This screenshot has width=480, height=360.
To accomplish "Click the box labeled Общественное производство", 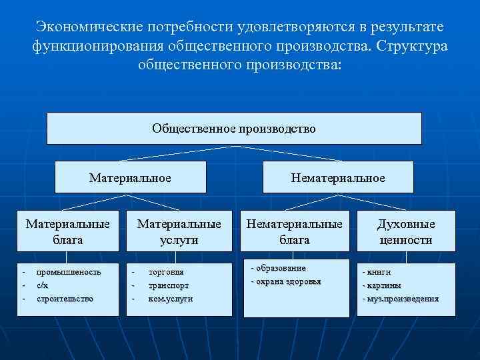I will (234, 128).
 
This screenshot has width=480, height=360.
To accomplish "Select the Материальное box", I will (130, 178).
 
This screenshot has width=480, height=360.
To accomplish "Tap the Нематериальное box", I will (337, 178).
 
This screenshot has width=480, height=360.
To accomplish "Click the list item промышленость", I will (69, 272).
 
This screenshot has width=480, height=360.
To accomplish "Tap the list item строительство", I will (65, 299).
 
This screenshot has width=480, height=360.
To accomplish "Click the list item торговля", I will (166, 272).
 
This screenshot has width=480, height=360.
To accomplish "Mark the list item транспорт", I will (168, 285).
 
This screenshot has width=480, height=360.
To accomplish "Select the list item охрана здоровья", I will (288, 281).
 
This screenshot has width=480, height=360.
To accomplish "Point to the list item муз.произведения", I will (402, 299).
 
